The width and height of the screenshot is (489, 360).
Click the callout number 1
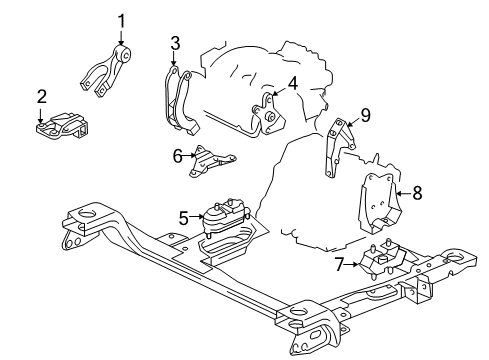click(122, 20)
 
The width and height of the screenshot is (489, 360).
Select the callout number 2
click(41, 96)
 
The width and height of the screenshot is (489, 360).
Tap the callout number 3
click(175, 43)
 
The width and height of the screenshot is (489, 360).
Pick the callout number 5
click(184, 216)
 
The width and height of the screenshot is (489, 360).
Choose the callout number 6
click(178, 155)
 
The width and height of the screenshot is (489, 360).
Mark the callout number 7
click(340, 264)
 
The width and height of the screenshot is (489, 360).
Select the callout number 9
click(365, 116)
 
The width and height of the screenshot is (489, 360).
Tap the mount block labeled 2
click(62, 127)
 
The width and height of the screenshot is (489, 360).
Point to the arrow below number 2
click(41, 116)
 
